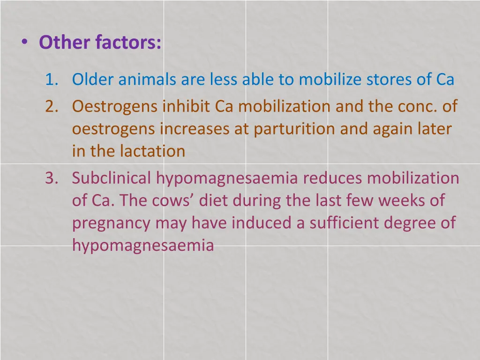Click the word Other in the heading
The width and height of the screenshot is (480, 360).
click(66, 43)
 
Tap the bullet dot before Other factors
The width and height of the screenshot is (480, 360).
click(24, 42)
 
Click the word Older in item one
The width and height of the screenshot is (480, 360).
click(93, 80)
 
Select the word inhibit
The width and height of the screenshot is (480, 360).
click(187, 106)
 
